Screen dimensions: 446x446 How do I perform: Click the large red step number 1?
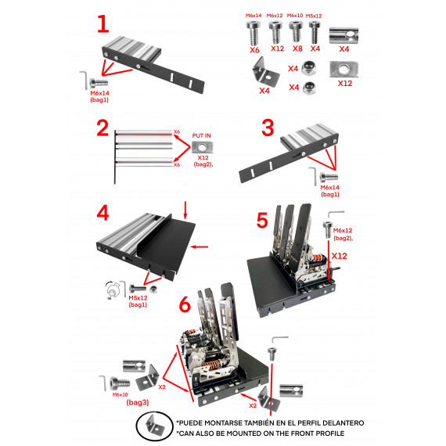coord(103,23)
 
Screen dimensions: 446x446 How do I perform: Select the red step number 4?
coord(103,212)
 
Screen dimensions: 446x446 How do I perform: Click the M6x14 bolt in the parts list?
coord(254,32)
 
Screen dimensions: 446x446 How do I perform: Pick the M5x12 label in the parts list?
coord(315,15)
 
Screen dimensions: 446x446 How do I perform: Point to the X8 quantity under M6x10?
coord(296,49)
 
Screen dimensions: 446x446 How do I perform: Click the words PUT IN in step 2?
coord(203,135)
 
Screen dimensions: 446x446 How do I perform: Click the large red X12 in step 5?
coord(338,256)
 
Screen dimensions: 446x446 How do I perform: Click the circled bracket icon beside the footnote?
coord(153,426)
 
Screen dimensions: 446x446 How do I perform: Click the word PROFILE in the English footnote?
coord(325,433)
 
